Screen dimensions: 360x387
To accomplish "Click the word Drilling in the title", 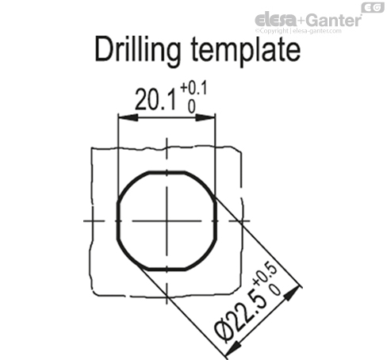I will [x=138, y=50].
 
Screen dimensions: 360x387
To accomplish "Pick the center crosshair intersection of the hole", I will [x=167, y=220].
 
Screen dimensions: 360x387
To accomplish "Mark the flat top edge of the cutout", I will [x=167, y=170].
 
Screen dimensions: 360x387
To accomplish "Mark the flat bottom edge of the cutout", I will [x=167, y=270].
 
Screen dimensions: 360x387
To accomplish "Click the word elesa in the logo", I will [x=274, y=19].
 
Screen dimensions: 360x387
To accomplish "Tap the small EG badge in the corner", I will [x=371, y=8].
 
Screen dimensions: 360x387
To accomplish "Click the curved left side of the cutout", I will [x=118, y=220].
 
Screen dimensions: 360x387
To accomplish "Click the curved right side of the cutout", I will [x=216, y=220].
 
